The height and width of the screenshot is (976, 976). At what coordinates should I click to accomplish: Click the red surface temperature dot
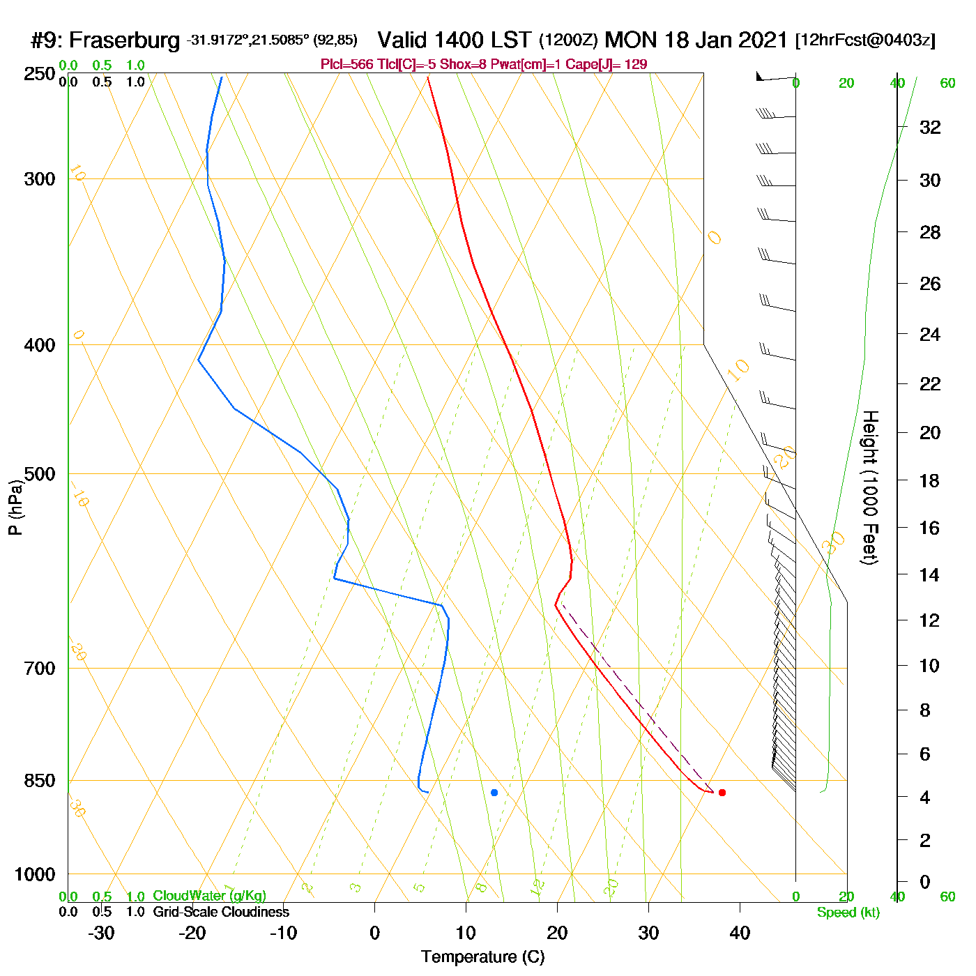[722, 793]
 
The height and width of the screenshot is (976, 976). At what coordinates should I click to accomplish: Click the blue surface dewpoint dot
[494, 793]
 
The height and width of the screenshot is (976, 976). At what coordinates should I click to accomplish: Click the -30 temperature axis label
[101, 933]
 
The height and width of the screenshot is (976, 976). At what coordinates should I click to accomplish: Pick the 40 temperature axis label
[740, 933]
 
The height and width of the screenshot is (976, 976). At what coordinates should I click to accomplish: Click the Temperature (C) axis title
[482, 957]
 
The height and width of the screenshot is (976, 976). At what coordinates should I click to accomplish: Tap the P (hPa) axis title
[15, 508]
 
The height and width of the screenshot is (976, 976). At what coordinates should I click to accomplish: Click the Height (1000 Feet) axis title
[870, 487]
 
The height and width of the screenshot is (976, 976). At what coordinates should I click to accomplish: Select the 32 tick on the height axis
[930, 127]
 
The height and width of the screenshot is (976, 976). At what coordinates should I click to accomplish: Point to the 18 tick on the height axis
[929, 480]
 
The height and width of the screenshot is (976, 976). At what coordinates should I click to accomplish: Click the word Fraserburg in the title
[125, 40]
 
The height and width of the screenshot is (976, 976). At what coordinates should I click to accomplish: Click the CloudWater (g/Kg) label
[209, 896]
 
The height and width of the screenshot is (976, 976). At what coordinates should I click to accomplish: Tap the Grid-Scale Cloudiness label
[221, 912]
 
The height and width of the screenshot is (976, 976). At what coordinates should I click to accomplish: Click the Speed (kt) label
[848, 913]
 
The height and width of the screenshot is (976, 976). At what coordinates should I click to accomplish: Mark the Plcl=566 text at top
[346, 65]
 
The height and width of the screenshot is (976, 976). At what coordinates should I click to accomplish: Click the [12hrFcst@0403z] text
[865, 40]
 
